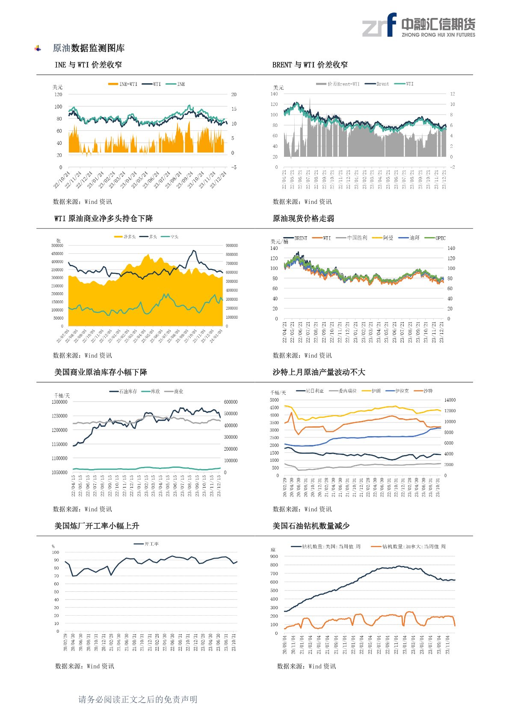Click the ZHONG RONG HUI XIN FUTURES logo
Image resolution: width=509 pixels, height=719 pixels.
tap(418, 25)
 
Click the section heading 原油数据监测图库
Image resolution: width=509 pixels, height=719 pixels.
tap(89, 48)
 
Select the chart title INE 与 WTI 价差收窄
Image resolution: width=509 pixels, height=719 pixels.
tap(88, 65)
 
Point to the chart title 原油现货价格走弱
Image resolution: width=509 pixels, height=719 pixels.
tap(303, 219)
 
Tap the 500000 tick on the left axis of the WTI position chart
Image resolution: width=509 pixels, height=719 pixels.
tap(57, 246)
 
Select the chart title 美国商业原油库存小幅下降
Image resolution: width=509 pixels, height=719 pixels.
tap(101, 373)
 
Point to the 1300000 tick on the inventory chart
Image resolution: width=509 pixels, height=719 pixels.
tap(59, 402)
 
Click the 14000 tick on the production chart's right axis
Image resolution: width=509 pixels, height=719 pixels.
tap(450, 400)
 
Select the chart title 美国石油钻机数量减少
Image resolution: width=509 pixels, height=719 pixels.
tap(311, 526)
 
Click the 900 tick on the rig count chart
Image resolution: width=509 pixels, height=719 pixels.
tap(274, 557)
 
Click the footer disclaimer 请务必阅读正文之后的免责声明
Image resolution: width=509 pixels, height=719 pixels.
tap(138, 699)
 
